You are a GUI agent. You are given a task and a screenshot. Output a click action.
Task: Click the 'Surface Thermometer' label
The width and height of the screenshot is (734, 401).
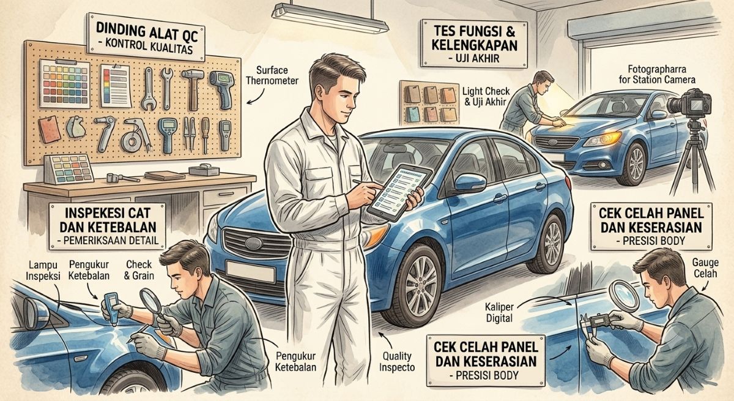(272, 75)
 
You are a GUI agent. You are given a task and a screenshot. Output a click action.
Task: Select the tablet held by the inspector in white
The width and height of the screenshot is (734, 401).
(399, 192)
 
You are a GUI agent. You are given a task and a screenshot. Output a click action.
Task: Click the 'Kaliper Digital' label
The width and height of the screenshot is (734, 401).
(499, 312)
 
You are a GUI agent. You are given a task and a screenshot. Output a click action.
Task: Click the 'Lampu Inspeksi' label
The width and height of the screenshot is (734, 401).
(43, 270)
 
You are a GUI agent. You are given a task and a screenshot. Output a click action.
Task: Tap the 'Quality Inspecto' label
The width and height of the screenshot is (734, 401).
(397, 361)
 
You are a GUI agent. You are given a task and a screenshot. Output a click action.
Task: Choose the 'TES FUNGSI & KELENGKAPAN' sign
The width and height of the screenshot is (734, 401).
(474, 43)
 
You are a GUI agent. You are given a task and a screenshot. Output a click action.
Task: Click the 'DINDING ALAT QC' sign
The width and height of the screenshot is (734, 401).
(146, 37)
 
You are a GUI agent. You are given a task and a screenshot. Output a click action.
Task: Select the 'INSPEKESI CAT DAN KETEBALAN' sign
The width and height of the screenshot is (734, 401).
(108, 227)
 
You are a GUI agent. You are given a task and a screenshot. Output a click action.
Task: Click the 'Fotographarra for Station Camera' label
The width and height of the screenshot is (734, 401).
(656, 75)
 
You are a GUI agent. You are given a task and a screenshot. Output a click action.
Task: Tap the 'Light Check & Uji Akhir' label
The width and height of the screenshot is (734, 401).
(486, 96)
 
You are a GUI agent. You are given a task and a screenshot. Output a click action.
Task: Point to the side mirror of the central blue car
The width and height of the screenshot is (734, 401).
(470, 183)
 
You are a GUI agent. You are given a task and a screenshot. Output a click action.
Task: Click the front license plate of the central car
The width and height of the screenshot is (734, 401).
(250, 271)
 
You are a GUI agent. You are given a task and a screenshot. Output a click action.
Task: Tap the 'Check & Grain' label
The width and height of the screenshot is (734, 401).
(139, 270)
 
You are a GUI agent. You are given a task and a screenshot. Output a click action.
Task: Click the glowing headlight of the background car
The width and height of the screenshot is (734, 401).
(604, 139)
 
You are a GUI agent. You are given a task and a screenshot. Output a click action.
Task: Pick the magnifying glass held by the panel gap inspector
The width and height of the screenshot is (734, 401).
(625, 296)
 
